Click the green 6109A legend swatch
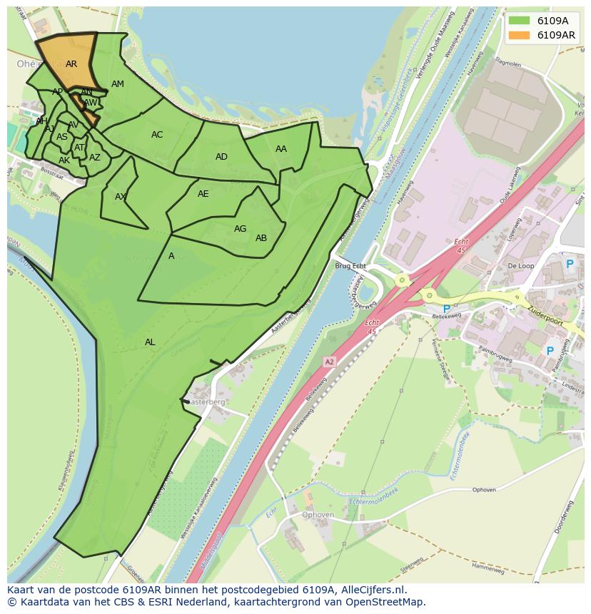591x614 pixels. pos(519,21)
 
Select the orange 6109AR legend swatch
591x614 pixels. pos(519,35)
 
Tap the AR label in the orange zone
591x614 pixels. pos(71,64)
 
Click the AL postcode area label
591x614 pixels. pos(150,342)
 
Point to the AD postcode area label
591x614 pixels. pos(221,157)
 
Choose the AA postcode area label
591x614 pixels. pos(281,149)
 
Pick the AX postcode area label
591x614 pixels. pos(121,197)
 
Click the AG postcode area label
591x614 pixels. pos(240,229)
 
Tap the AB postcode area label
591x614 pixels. pos(261,238)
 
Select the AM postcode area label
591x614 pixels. pos(118,84)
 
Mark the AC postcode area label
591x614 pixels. pos(157,135)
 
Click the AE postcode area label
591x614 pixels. pos(203,194)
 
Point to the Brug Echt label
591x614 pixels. pos(350,266)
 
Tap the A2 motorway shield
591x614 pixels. pos(329,362)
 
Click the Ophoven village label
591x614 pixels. pos(318,515)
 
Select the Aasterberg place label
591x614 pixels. pos(207,402)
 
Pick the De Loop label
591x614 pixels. pos(520,266)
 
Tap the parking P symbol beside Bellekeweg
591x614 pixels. pos(447,309)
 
